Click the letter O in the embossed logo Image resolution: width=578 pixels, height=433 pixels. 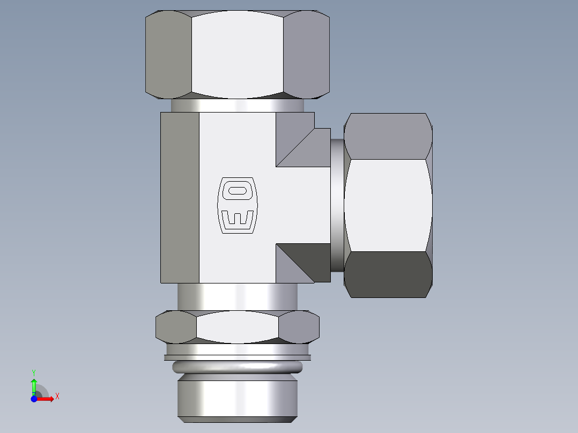(x=236, y=190)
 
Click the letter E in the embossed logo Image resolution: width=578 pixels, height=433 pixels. (x=236, y=218)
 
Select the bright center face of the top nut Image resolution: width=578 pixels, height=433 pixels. (x=237, y=55)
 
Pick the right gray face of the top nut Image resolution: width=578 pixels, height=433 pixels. (x=306, y=55)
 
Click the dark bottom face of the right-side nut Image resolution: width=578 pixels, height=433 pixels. (x=388, y=274)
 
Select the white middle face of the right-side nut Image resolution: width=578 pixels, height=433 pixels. (x=388, y=205)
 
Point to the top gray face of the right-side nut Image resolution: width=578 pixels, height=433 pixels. (x=388, y=136)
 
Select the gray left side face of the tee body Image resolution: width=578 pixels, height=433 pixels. (x=180, y=197)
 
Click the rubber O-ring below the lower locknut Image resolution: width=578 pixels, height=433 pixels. (x=237, y=367)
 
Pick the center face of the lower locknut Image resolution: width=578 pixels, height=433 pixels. (x=237, y=326)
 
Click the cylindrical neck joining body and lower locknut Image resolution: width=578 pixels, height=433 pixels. (x=237, y=296)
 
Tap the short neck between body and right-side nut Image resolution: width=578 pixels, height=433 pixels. (x=337, y=205)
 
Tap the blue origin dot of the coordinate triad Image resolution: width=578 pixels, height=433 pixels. (x=34, y=399)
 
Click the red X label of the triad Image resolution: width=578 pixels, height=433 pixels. (x=57, y=397)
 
